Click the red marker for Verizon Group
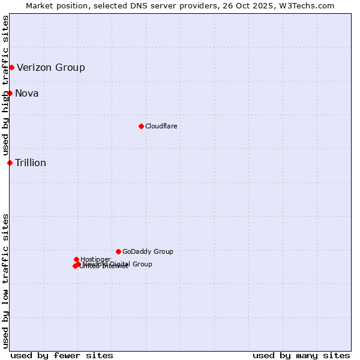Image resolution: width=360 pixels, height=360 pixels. tap(11, 67)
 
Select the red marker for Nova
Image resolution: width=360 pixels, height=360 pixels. tap(10, 93)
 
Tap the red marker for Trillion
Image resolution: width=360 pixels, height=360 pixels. tap(10, 163)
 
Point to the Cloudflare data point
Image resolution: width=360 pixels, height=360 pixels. tap(141, 126)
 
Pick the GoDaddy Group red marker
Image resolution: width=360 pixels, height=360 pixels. tap(118, 251)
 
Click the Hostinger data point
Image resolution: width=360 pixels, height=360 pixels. tap(76, 259)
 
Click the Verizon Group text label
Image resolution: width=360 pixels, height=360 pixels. tap(51, 67)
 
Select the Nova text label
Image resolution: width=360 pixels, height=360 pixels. tap(27, 93)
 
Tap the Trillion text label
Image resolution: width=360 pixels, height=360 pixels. tap(31, 163)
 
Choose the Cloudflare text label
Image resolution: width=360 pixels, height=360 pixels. tap(161, 126)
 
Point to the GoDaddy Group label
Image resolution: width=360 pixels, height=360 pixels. tap(148, 251)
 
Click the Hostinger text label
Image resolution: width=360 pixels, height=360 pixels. tap(95, 259)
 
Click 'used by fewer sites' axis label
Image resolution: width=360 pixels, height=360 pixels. tap(62, 355)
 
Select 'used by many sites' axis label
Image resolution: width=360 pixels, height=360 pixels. tap(301, 355)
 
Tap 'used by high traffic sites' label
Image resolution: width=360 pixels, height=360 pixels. tap(5, 85)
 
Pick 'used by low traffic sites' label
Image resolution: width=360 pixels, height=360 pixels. tap(5, 280)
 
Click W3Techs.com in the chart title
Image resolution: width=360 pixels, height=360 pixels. tap(310, 5)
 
